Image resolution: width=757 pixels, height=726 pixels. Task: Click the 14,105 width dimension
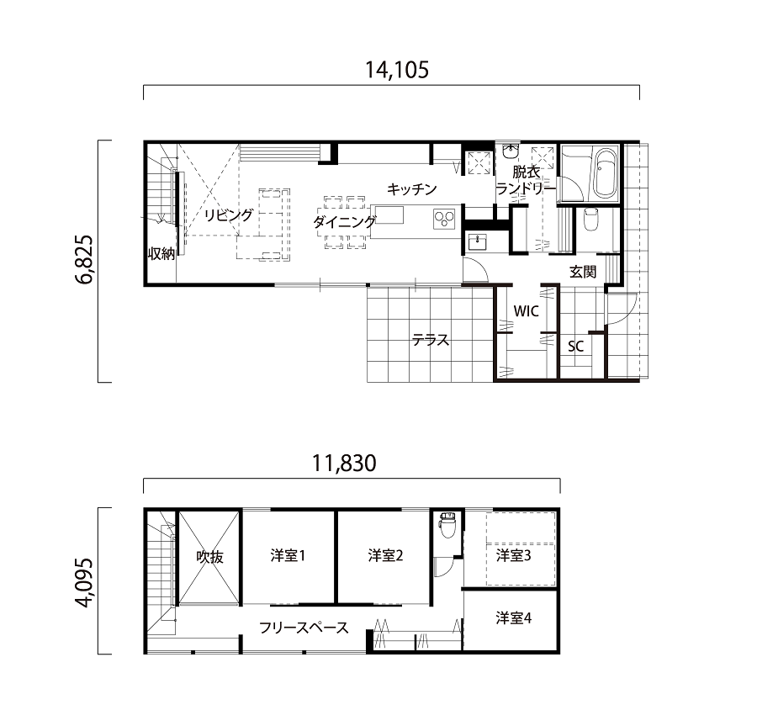point(396,70)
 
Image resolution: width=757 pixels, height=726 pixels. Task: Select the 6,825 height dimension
point(84,260)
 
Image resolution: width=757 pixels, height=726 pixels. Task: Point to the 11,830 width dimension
point(344,464)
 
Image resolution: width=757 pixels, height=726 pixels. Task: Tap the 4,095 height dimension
point(84,583)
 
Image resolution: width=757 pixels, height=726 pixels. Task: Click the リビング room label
point(228,215)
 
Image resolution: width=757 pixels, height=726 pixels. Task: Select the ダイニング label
point(344,222)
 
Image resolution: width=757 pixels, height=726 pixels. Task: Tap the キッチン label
point(411,188)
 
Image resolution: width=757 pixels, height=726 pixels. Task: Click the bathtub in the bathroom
point(606,173)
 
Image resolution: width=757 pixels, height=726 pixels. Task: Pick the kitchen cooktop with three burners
point(444,219)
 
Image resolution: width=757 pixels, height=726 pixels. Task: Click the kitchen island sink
point(388,215)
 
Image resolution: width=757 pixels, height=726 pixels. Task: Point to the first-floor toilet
point(590,220)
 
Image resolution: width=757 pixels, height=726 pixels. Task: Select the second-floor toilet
point(447,525)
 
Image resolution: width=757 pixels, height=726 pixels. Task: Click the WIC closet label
point(527,311)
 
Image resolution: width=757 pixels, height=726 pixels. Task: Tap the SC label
point(575,346)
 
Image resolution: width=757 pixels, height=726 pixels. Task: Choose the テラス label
point(430,341)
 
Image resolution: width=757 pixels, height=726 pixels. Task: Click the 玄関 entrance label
point(583,272)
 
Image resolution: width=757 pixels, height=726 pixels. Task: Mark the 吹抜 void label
point(210,557)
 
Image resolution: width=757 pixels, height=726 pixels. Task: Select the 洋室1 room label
point(289,555)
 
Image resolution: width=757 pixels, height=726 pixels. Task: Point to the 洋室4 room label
point(514,617)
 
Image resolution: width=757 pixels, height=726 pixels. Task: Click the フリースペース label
point(304,628)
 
